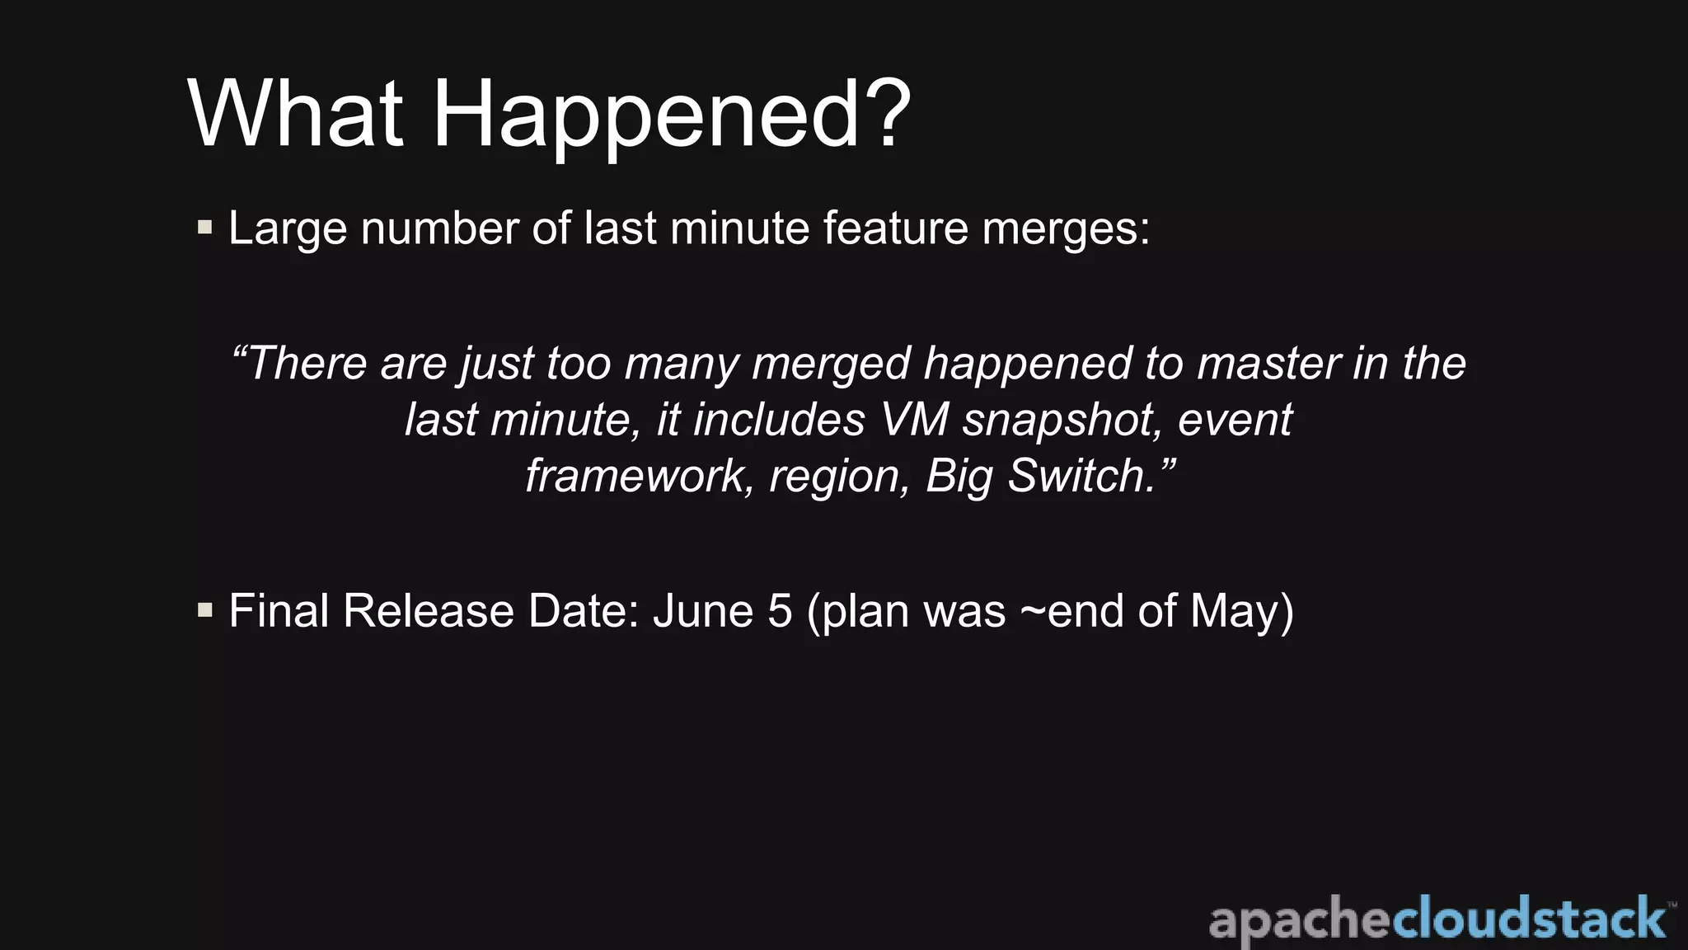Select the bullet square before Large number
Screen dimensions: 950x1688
205,227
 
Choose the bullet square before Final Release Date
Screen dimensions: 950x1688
205,610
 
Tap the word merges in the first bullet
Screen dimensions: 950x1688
1066,228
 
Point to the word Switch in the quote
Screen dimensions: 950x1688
1081,476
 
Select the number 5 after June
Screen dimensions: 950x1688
780,611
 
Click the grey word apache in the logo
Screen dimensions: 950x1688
1300,920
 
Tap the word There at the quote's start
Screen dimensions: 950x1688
307,364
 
